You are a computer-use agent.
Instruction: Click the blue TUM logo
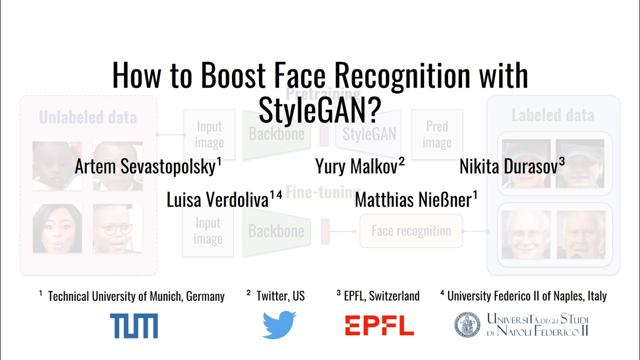134,326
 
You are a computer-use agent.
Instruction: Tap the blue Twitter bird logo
279,325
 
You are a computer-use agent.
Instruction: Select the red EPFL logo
379,325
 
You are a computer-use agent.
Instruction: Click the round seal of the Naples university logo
466,325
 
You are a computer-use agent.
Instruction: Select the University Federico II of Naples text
526,296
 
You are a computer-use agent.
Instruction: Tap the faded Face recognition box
411,231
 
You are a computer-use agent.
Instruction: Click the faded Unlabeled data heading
88,118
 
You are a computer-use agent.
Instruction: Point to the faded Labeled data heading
552,116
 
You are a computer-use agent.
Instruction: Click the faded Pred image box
437,135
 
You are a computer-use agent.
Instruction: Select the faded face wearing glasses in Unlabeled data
117,228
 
